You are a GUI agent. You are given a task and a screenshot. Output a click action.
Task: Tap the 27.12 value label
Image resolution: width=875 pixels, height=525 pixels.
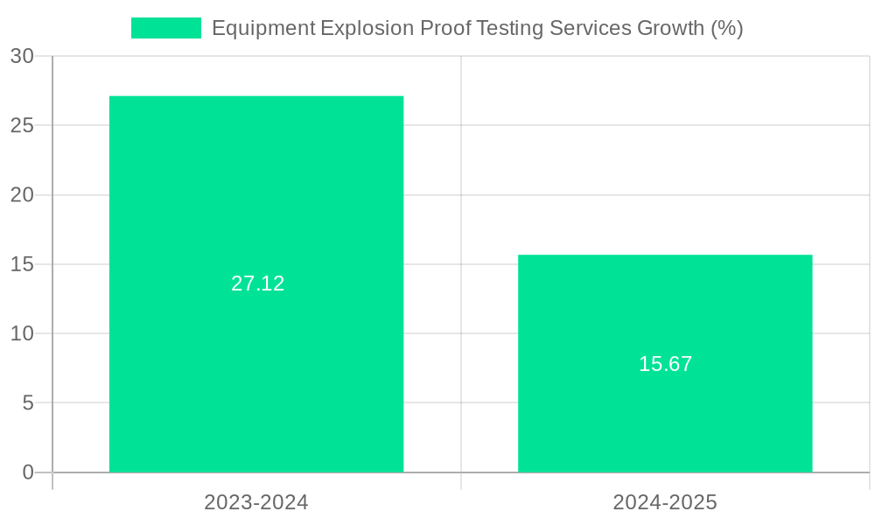pyautogui.click(x=258, y=283)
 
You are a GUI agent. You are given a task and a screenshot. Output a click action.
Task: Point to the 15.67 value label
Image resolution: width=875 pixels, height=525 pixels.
pyautogui.click(x=666, y=364)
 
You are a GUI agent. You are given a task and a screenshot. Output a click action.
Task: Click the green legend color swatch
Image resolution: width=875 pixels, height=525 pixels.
pyautogui.click(x=165, y=28)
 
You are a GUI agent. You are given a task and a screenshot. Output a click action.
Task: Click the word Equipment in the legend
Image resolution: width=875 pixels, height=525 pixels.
pyautogui.click(x=263, y=28)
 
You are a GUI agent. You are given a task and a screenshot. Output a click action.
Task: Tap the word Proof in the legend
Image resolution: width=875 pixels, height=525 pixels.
pyautogui.click(x=445, y=28)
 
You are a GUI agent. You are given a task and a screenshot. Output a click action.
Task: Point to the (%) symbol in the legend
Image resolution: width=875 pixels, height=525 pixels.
pyautogui.click(x=727, y=28)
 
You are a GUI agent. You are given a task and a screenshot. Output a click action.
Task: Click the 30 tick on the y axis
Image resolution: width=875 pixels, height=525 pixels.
pyautogui.click(x=23, y=56)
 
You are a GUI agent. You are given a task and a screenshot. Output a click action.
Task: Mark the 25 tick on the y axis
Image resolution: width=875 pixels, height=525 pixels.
pyautogui.click(x=23, y=125)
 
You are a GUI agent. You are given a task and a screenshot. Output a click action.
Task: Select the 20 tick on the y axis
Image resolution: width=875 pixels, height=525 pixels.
pyautogui.click(x=23, y=195)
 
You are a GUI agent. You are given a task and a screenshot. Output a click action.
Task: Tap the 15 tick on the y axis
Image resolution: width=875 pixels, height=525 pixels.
pyautogui.click(x=23, y=264)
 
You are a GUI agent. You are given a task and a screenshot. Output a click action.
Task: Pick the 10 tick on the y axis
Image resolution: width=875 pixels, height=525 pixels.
pyautogui.click(x=23, y=333)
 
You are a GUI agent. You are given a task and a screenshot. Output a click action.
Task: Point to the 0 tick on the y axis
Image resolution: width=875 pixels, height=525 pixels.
pyautogui.click(x=28, y=472)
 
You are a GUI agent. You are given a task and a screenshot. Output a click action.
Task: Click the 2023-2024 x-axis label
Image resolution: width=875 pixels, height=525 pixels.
pyautogui.click(x=256, y=502)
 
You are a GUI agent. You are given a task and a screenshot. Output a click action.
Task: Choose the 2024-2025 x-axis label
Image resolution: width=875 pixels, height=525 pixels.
pyautogui.click(x=665, y=502)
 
